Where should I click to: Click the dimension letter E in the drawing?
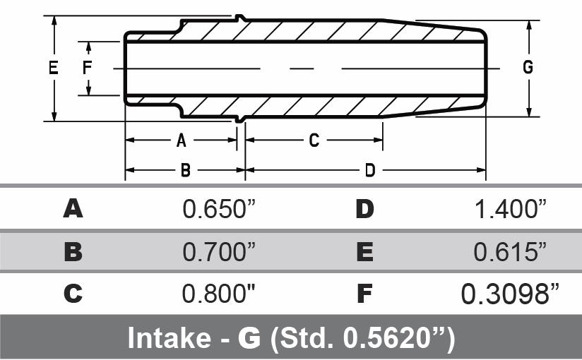coord(52,68)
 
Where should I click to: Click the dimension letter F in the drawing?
coord(88,68)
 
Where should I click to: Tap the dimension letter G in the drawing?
coord(528,68)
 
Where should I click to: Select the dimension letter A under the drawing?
coord(181,140)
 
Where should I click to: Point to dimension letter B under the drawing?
coord(185,170)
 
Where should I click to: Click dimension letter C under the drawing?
coord(314,140)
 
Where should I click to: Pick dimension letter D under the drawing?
coord(369,170)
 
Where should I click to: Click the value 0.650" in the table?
coord(218,209)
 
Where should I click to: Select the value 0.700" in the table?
coord(218,251)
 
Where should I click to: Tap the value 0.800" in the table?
coord(218,293)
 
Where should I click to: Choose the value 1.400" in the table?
coord(511,209)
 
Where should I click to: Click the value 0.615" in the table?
coord(511,251)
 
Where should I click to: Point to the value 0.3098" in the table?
coord(505,293)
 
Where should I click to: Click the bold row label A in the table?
coord(73,209)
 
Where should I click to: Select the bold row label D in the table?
coord(364,209)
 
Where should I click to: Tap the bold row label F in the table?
coord(364,293)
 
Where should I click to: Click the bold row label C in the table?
coord(73,293)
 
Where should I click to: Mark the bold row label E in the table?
coord(364,251)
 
